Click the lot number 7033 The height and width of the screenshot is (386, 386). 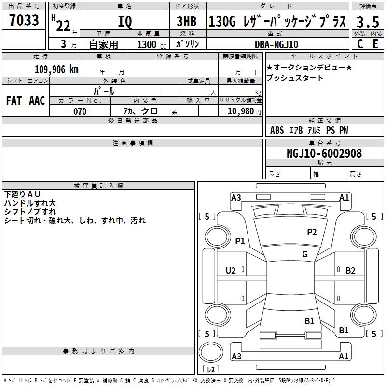24,20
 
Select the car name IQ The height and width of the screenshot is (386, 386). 125,22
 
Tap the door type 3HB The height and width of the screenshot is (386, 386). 187,21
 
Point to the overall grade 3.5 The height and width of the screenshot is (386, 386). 368,22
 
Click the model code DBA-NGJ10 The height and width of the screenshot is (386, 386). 276,44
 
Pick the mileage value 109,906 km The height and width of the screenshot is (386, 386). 56,69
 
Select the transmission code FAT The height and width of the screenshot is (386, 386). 14,101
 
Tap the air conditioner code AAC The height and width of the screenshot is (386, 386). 37,101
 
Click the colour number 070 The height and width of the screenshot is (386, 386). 80,111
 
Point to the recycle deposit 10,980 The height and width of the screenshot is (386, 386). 241,111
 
